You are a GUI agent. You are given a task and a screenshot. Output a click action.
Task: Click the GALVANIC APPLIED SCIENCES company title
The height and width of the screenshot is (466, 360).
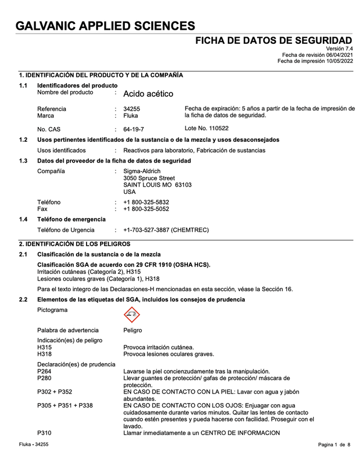coord(106,26)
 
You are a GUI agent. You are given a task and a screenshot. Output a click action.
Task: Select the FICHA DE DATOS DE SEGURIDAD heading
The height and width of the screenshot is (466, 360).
coord(274,40)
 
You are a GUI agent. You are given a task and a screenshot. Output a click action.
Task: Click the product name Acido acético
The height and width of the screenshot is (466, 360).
coord(148,94)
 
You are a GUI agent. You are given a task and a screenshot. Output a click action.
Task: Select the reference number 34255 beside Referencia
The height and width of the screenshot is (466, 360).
coord(132,108)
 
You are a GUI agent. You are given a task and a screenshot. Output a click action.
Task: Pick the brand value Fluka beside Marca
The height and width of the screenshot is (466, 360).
coord(130,115)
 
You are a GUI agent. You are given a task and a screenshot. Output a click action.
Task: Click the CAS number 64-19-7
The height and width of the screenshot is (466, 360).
coord(134,129)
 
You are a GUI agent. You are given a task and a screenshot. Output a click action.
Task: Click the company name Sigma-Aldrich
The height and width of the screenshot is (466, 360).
coord(142,171)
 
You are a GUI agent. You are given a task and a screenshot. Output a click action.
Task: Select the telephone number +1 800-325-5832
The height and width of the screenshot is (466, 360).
coord(146,202)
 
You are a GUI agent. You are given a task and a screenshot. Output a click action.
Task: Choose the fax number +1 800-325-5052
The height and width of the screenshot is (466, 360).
coord(146,209)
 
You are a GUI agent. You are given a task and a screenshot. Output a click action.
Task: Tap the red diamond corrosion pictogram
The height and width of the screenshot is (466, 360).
coord(132,315)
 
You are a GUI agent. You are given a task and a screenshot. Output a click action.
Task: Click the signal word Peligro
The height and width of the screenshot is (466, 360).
coord(133,330)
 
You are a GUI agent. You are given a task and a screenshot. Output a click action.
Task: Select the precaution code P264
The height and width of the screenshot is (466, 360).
coord(44,371)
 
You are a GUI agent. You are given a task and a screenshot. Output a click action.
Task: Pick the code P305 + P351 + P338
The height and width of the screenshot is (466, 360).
coord(65,405)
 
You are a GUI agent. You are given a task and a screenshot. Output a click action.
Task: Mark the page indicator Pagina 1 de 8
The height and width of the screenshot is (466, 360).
coord(334,445)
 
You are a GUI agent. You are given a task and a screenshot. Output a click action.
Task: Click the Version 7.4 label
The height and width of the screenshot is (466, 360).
coord(340,48)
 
